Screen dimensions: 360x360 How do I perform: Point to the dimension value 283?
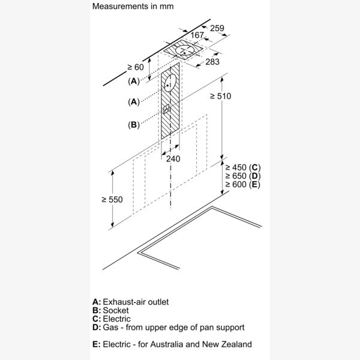[211, 62]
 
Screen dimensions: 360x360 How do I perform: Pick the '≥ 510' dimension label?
[220, 96]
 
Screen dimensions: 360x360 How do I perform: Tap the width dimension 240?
[173, 159]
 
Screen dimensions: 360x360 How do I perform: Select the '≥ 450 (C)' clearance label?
[242, 167]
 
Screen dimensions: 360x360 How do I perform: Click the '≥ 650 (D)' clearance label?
[242, 176]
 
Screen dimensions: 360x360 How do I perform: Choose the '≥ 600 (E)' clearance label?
[242, 185]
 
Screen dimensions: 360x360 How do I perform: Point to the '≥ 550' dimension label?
[112, 199]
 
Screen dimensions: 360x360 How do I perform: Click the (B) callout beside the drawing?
[133, 125]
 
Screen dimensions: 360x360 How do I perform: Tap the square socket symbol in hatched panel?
[167, 110]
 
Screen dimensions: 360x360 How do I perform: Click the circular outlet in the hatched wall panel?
[170, 83]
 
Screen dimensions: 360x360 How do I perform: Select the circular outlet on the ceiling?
[185, 50]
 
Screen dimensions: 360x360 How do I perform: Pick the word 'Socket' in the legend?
[116, 310]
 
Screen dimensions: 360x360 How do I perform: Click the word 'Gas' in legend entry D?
[111, 328]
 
